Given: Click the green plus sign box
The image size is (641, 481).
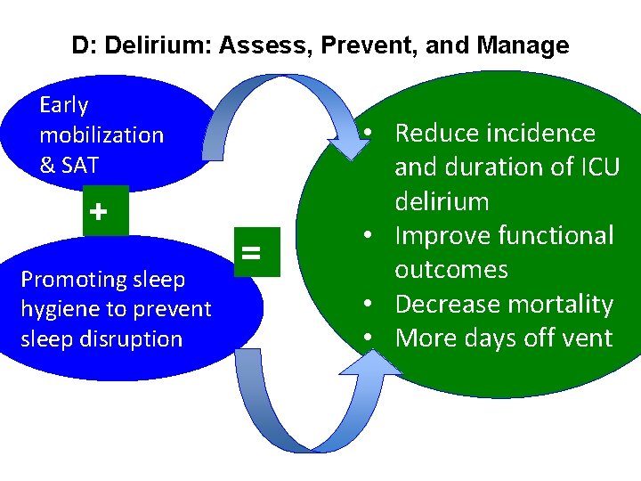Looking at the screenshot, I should (99, 212).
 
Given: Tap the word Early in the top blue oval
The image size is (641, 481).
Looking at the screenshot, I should (64, 105).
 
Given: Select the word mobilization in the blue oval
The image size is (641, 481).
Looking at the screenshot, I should (101, 135).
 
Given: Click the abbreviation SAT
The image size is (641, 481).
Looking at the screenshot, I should (80, 165).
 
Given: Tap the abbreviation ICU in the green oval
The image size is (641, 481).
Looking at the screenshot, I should (596, 167).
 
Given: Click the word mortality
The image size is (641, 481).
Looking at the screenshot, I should (559, 305).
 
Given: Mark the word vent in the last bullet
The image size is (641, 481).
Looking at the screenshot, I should (584, 338).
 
